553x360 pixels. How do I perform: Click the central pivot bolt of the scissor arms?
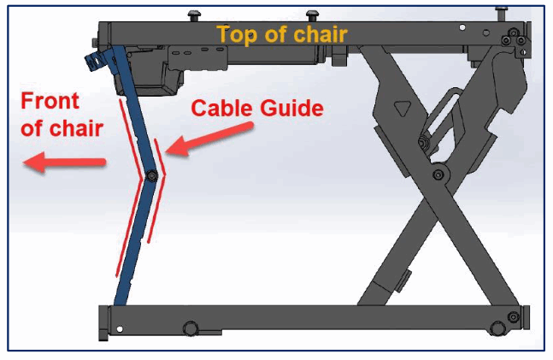[438, 174]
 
